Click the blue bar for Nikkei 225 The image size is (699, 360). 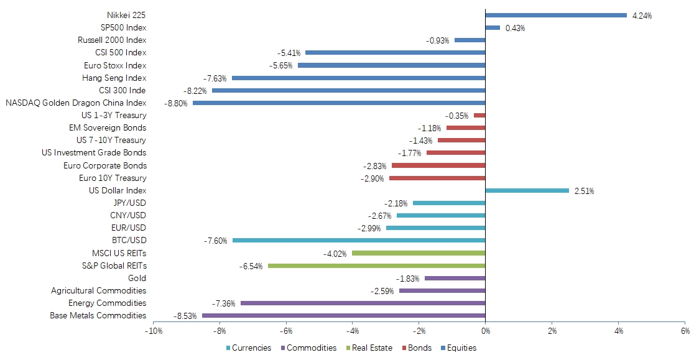point(555,15)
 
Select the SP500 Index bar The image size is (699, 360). point(492,27)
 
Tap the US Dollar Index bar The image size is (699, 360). point(526,190)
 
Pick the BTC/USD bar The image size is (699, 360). point(358,240)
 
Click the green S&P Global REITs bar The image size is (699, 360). point(376,265)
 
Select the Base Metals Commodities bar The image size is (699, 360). point(343,315)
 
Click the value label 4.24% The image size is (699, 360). point(642,16)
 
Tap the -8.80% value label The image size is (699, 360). point(176,103)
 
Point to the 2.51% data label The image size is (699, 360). point(584,191)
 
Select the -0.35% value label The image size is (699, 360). point(457,116)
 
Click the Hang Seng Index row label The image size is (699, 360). point(114,78)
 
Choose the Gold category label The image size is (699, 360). point(137,278)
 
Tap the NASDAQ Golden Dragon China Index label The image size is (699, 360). point(76,103)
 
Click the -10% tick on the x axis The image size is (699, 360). point(154,331)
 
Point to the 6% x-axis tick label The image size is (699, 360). point(685,331)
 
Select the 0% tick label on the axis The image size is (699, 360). point(485,331)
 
